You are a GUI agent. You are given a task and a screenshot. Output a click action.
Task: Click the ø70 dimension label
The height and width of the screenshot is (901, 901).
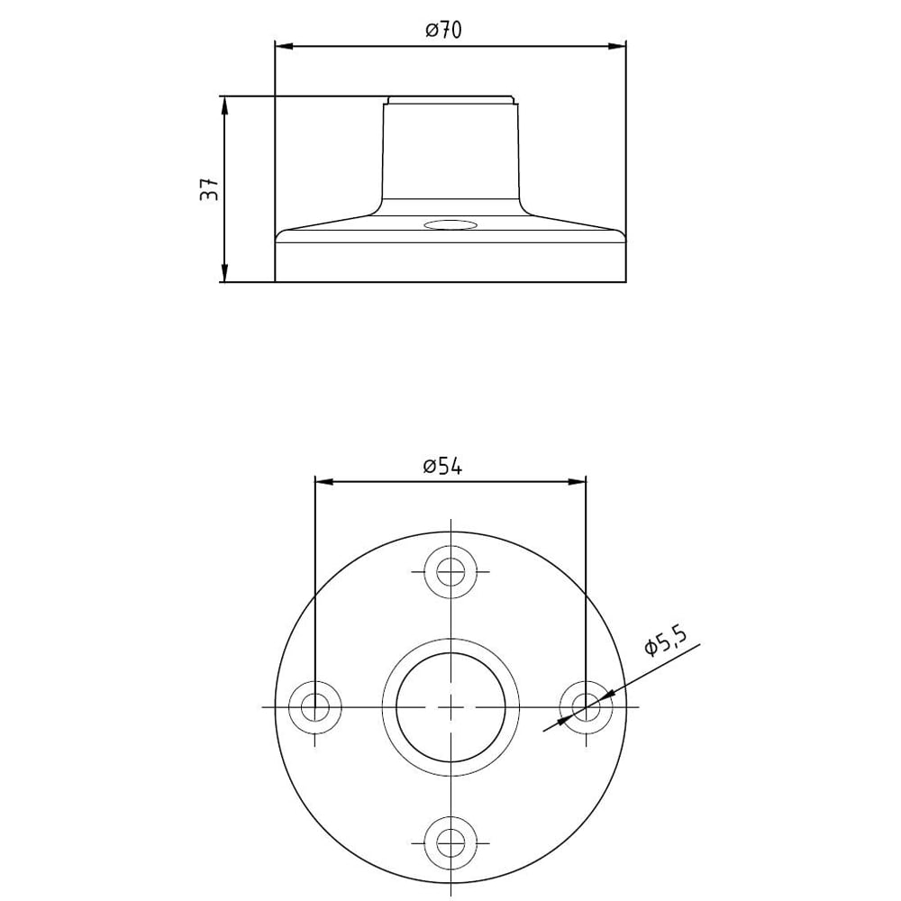pos(443,30)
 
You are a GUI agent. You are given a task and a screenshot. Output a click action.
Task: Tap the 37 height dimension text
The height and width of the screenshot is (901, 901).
pos(210,188)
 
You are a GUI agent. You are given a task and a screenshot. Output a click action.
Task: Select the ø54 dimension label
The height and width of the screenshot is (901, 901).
pos(442,467)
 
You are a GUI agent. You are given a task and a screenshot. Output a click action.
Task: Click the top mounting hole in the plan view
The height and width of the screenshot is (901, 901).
pos(450,572)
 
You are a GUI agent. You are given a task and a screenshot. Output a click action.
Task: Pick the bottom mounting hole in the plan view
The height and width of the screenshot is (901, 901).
pos(450,843)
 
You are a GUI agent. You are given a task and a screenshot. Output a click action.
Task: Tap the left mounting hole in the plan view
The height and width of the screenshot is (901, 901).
pos(314,706)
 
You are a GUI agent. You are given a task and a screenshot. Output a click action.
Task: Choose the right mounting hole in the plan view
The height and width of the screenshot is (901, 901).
pos(587,706)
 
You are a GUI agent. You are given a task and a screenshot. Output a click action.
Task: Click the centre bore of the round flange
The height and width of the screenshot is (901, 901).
pos(450,706)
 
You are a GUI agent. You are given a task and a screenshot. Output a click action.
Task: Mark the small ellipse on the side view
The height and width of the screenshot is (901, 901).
pos(450,224)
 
